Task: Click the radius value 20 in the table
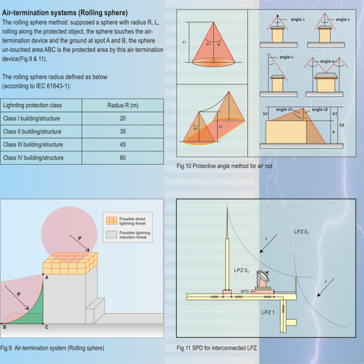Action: point(122,118)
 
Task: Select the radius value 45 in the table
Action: point(122,145)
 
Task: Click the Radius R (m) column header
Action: point(122,104)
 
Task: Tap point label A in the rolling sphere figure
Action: point(46,277)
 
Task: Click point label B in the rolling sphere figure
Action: point(4,327)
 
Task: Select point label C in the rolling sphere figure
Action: point(46,327)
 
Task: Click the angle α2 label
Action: point(322,109)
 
